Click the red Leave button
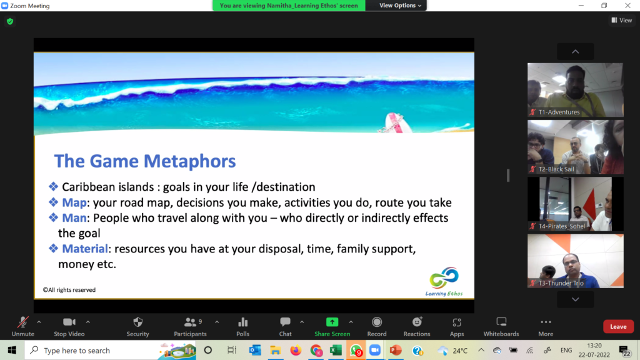coord(618,326)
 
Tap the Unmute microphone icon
coord(23,322)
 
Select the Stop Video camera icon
coord(69,322)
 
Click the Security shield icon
coord(138,322)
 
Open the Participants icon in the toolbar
coord(190,322)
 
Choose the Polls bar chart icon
coord(243,322)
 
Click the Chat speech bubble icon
coord(285,322)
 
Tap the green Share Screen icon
coord(332,322)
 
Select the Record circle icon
coord(377,322)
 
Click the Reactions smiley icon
coord(417,322)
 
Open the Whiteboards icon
coord(501,322)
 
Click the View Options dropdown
coord(400,5)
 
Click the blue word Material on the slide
coord(85,249)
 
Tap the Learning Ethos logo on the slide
coord(444,281)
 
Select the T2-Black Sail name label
coord(556,169)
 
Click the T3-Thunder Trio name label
coord(561,283)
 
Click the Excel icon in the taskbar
coord(336,350)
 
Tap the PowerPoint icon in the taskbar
coord(395,350)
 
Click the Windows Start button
coord(12,350)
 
